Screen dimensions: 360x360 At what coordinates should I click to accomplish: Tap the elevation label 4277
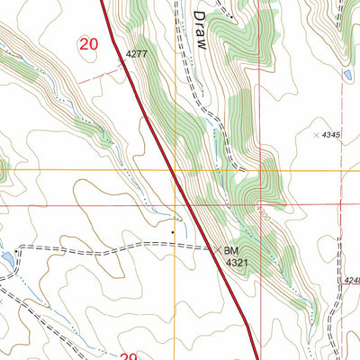(136, 54)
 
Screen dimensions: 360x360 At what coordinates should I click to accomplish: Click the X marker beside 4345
(316, 135)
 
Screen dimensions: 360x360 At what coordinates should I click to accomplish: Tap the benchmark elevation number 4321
(236, 263)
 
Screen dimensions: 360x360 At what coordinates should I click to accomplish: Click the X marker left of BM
(214, 248)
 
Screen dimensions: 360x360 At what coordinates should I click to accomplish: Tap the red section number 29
(129, 356)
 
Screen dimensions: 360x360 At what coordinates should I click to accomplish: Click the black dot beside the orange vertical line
(174, 231)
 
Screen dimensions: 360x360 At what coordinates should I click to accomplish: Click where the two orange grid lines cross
(175, 168)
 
